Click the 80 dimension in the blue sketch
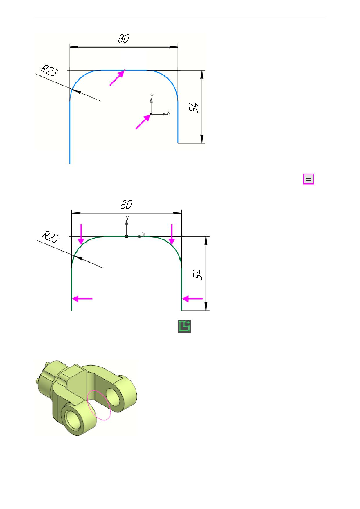click(x=124, y=39)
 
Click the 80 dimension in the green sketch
click(x=127, y=205)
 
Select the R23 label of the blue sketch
click(x=49, y=71)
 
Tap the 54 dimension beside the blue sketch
click(x=194, y=108)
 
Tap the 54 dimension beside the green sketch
click(x=198, y=275)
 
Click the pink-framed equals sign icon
click(x=309, y=179)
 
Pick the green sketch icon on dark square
click(x=185, y=326)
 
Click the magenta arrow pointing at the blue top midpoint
click(x=117, y=78)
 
